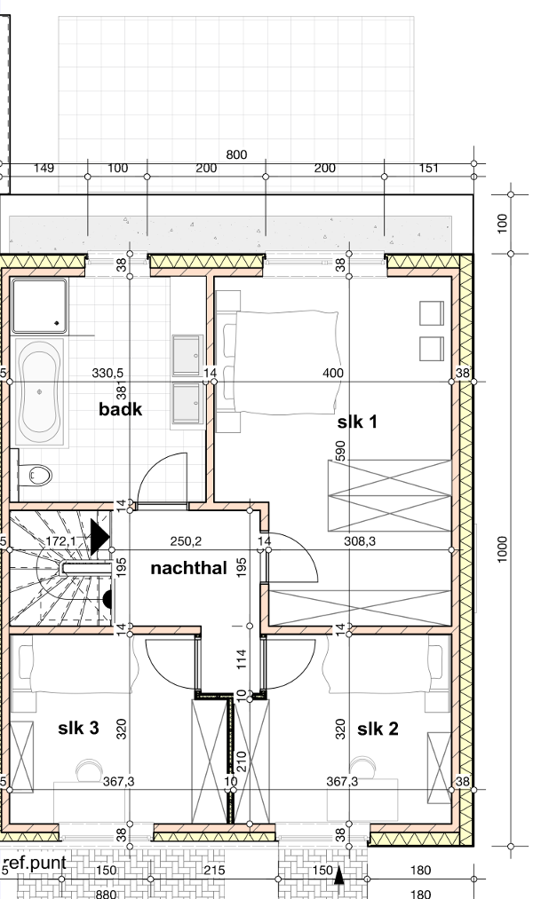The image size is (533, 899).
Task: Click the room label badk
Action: click(x=121, y=409)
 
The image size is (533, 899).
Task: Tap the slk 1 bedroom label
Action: click(x=357, y=422)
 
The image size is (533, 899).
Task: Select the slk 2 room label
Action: click(x=377, y=729)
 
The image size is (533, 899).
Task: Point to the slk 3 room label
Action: click(x=78, y=728)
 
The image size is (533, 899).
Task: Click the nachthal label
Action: click(x=188, y=568)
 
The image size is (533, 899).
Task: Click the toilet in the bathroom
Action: click(x=36, y=475)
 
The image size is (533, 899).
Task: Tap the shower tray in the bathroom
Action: click(x=39, y=305)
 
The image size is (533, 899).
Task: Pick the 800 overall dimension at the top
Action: click(x=236, y=154)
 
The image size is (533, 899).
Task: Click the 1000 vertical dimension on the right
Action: click(x=503, y=549)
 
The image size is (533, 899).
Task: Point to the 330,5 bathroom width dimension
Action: click(x=107, y=374)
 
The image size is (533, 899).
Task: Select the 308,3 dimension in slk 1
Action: click(x=360, y=540)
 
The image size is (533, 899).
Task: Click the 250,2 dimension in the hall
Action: click(x=186, y=540)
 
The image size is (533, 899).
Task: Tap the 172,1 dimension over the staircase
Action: click(x=60, y=540)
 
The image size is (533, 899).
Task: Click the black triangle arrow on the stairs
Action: click(x=99, y=537)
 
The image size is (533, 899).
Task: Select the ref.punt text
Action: click(x=35, y=863)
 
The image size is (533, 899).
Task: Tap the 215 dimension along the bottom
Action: click(x=214, y=871)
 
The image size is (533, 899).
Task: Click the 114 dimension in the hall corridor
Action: click(x=241, y=658)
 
